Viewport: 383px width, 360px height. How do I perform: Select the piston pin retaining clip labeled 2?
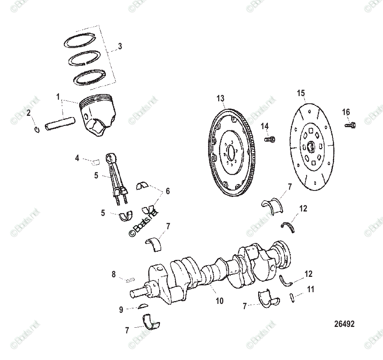pyautogui.click(x=36, y=129)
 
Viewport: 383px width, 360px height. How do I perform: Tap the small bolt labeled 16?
pyautogui.click(x=350, y=125)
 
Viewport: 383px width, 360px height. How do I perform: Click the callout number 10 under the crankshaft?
pyautogui.click(x=219, y=301)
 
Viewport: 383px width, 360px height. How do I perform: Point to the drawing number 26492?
pyautogui.click(x=344, y=324)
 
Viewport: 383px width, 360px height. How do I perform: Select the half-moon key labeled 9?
pyautogui.click(x=144, y=306)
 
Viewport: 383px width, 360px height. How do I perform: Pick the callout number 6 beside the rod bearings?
pyautogui.click(x=167, y=191)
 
